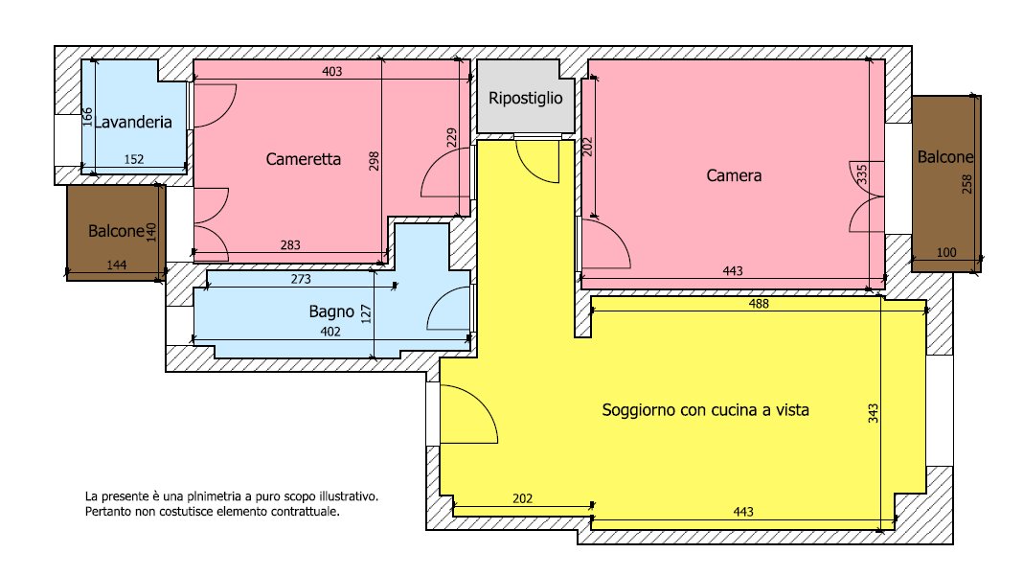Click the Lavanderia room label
point(133,122)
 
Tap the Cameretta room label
point(304,159)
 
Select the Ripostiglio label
point(525,99)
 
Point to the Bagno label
point(331,312)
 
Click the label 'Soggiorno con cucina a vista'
point(705,410)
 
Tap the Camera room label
point(734,175)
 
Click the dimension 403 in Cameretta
point(332,71)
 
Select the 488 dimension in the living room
point(759,304)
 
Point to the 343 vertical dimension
point(873,413)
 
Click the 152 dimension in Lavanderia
point(134,159)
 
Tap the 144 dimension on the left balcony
point(116,265)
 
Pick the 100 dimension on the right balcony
point(946,253)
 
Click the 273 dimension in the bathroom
point(301,279)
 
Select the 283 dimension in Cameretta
point(290,245)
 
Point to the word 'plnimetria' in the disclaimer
point(214,497)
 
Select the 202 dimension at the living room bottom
point(523,498)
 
